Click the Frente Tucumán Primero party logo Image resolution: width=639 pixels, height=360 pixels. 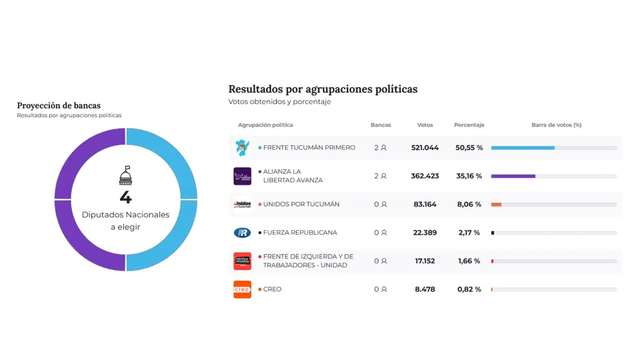[x=242, y=148]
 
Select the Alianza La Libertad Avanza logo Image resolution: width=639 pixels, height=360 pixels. [x=242, y=176]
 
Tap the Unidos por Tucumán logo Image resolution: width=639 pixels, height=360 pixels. [x=242, y=205]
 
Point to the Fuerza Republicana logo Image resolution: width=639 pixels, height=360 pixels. [x=242, y=233]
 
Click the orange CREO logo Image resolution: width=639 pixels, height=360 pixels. [x=242, y=290]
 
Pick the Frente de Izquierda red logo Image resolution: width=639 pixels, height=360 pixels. [x=242, y=261]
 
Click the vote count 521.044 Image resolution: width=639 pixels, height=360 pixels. [x=425, y=148]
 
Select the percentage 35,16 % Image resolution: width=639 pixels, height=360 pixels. [x=469, y=176]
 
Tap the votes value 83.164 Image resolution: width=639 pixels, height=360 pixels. [x=425, y=205]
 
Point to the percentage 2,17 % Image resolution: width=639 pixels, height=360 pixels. [x=469, y=233]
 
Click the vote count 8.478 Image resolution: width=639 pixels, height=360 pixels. [x=425, y=290]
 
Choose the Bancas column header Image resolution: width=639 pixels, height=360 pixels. [x=381, y=125]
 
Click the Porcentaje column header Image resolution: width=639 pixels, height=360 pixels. [x=469, y=125]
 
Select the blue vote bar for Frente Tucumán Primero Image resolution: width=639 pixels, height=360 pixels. [x=523, y=148]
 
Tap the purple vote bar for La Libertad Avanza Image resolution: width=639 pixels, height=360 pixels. [x=513, y=176]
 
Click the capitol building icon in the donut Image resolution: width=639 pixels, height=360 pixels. [x=126, y=175]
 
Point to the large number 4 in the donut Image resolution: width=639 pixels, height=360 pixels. [x=126, y=196]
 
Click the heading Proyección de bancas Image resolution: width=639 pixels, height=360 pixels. [x=59, y=106]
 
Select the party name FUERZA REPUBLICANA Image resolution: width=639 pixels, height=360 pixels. [x=300, y=233]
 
